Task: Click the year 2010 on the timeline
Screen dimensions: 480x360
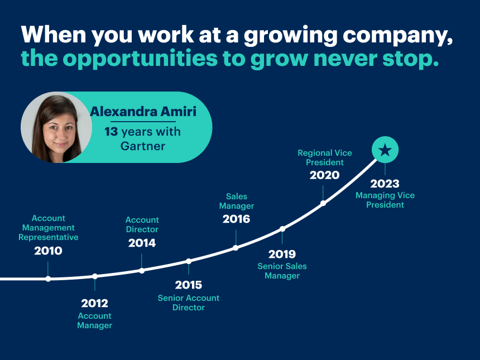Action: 48,251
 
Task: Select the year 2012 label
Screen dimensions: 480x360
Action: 94,304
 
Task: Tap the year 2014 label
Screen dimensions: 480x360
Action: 142,243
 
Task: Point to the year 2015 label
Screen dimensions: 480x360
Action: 189,285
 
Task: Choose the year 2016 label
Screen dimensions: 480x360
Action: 236,219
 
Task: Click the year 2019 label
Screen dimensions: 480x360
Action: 282,254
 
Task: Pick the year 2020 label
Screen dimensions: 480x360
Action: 324,175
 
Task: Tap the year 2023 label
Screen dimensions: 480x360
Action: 385,184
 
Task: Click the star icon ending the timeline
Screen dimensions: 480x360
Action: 385,150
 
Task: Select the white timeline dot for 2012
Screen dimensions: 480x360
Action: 95,276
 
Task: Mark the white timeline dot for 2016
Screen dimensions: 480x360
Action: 236,248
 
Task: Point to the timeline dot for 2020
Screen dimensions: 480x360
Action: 323,203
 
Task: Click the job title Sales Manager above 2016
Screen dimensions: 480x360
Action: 237,201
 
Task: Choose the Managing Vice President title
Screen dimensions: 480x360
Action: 385,200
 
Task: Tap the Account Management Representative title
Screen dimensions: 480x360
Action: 49,228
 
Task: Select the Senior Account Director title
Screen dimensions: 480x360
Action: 189,303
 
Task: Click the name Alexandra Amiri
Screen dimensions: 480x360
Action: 143,112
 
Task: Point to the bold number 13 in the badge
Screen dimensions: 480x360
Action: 111,132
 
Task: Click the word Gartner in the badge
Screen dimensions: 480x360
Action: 143,146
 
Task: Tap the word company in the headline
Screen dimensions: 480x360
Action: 397,35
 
